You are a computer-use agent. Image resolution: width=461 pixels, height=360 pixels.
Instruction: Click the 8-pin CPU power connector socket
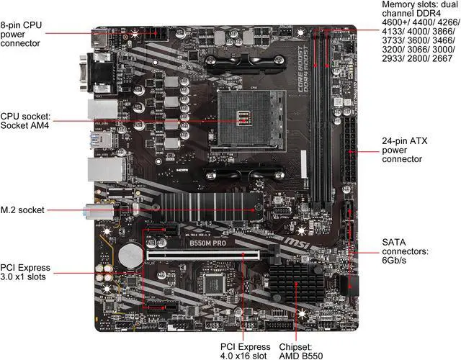(161, 32)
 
